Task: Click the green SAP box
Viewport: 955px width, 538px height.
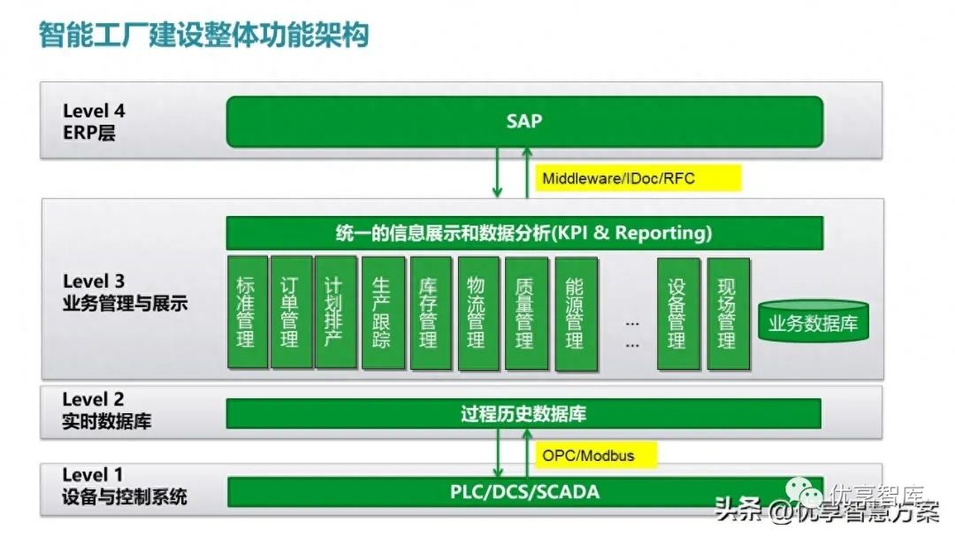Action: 524,121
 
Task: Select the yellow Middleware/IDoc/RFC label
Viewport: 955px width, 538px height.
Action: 619,179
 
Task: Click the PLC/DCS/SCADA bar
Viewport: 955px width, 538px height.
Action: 524,491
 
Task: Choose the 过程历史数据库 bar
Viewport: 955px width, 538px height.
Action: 524,413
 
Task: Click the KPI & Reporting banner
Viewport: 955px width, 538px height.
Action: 524,234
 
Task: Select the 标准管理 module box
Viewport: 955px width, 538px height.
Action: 246,312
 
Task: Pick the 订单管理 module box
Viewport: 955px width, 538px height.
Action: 289,312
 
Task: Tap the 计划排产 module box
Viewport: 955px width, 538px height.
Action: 335,312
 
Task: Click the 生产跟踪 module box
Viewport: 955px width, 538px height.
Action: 383,312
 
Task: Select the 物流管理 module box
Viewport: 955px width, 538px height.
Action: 477,312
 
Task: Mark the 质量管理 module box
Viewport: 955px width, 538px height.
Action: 525,312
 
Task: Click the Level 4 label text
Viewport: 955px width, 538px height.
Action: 94,111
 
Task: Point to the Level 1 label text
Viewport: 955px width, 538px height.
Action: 93,475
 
